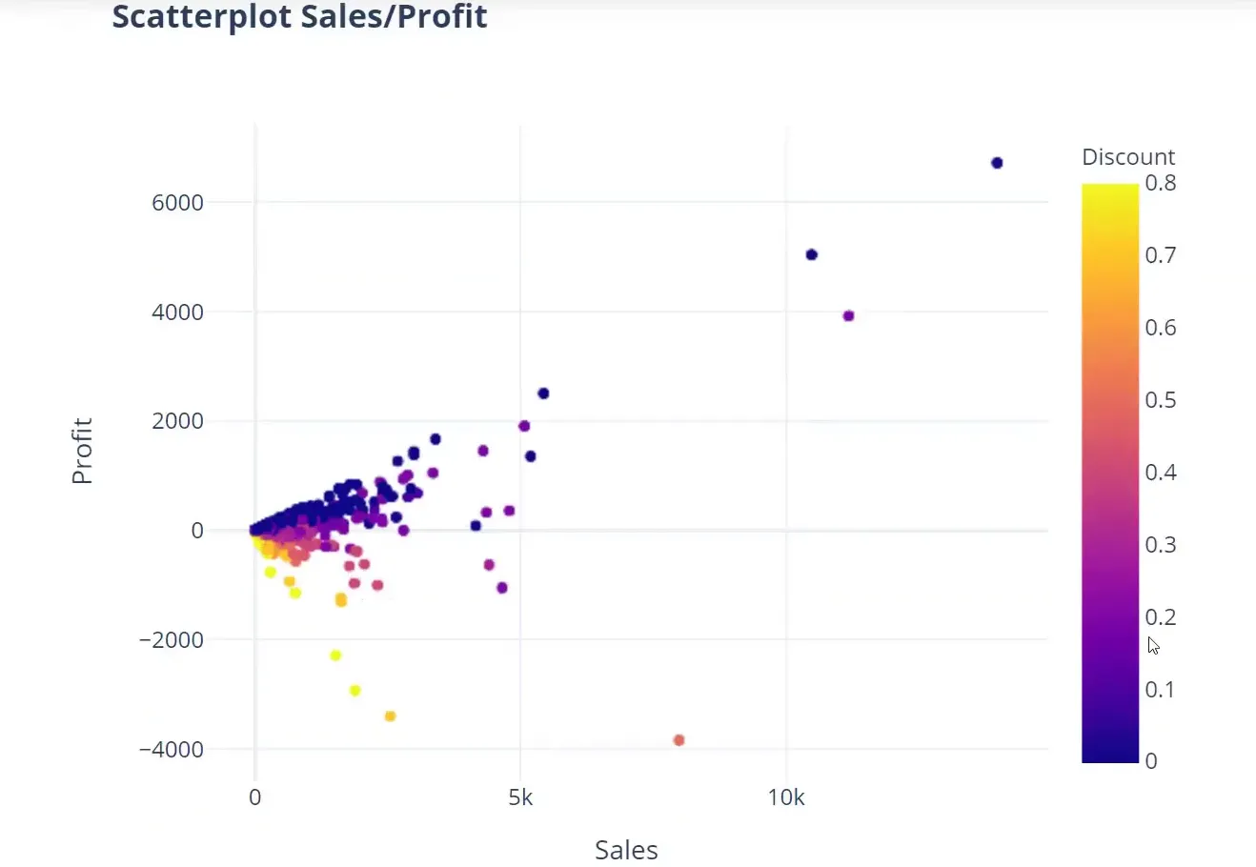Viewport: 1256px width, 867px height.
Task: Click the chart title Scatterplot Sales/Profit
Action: [299, 16]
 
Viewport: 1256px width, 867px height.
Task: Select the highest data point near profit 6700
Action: [997, 163]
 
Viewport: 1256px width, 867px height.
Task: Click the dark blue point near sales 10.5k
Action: [812, 254]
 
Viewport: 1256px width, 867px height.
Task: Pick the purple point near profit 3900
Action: [848, 315]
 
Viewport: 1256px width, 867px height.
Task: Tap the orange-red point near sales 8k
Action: [679, 740]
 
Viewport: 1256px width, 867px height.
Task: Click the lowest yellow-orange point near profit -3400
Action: [390, 716]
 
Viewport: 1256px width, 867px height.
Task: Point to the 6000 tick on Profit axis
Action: [177, 203]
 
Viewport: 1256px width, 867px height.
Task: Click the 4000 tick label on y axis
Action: [177, 313]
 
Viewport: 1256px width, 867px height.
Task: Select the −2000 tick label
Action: [172, 640]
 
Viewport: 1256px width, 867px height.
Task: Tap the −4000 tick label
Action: [172, 750]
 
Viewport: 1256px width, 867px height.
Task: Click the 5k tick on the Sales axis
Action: [520, 797]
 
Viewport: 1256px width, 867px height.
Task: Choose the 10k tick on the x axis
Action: [786, 797]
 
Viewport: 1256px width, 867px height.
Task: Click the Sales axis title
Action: [626, 850]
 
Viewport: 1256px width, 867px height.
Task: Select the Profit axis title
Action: [82, 451]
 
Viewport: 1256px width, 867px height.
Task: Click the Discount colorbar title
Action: [1128, 157]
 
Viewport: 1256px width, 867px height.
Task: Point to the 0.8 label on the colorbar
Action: [1160, 183]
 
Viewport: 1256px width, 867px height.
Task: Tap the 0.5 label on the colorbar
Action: [1160, 400]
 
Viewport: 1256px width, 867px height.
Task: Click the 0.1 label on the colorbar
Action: [1160, 690]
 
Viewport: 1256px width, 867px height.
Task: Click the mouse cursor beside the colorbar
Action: [1153, 646]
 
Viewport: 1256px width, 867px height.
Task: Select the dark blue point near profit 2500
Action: [543, 393]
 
